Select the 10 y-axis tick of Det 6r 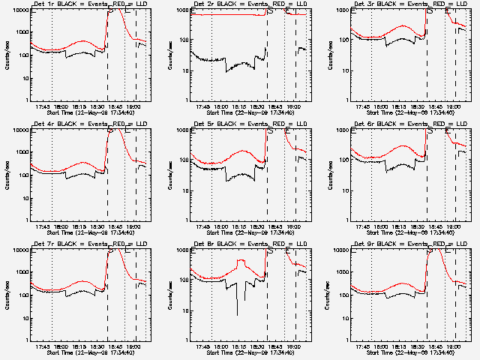coord(343,190)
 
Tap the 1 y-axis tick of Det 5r coord(186,220)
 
